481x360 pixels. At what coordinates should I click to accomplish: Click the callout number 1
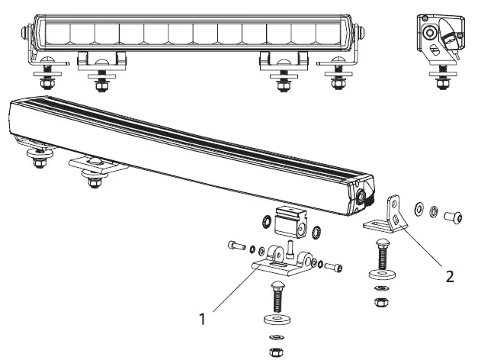pos(202,319)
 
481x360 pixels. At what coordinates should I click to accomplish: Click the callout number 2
pos(451,275)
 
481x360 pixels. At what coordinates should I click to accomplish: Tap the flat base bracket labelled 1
pos(279,262)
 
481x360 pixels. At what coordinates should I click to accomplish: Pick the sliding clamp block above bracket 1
pos(290,220)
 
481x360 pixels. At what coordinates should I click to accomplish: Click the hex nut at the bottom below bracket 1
pos(274,352)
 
